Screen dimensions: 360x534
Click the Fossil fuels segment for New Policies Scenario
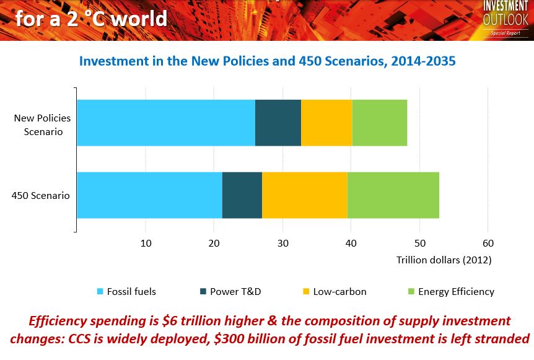[x=165, y=123]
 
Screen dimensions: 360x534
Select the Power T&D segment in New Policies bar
[x=278, y=123]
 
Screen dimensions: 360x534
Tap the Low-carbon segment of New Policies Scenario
[x=326, y=123]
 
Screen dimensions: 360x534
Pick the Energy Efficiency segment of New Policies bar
[x=380, y=123]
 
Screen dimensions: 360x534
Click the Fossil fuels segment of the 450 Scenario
[x=149, y=195]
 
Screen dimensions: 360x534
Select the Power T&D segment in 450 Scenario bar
[x=242, y=195]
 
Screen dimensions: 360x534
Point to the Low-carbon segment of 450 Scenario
[x=304, y=195]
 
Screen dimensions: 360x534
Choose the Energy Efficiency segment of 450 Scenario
[x=393, y=195]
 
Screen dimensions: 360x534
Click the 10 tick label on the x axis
[x=146, y=243]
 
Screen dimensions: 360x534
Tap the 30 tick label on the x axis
[x=282, y=243]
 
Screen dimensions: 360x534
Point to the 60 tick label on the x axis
[x=488, y=243]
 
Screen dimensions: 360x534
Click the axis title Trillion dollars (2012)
[x=444, y=260]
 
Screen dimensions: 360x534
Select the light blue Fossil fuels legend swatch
[x=100, y=292]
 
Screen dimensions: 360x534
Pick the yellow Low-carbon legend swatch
[x=306, y=292]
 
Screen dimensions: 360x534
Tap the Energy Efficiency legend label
[x=456, y=292]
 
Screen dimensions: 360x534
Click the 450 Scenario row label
[x=41, y=196]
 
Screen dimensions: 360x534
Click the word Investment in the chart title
[x=114, y=61]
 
